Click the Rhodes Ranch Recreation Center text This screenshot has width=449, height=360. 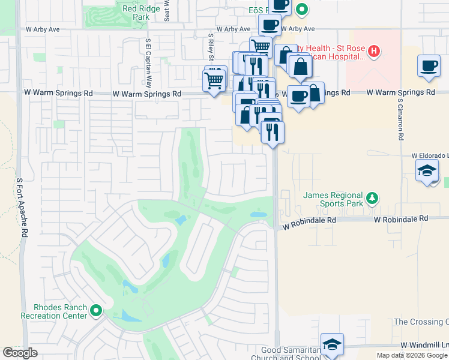pyautogui.click(x=53, y=311)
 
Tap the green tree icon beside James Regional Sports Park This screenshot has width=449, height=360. pyautogui.click(x=372, y=197)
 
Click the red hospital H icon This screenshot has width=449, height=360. pyautogui.click(x=374, y=52)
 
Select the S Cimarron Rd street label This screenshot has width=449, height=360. pyautogui.click(x=399, y=122)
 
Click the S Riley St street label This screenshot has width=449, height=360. pyautogui.click(x=211, y=48)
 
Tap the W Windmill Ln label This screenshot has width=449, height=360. pyautogui.click(x=424, y=345)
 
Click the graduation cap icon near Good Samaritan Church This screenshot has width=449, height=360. pyautogui.click(x=332, y=344)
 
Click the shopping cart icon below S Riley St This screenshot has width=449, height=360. pyautogui.click(x=215, y=79)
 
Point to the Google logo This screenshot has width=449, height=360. pyautogui.click(x=20, y=353)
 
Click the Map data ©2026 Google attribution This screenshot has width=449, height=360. pyautogui.click(x=412, y=355)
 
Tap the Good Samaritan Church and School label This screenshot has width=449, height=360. pyautogui.click(x=291, y=354)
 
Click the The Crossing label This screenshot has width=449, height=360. pyautogui.click(x=420, y=322)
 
